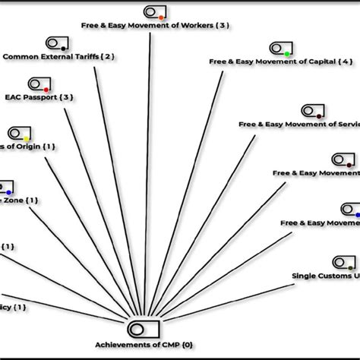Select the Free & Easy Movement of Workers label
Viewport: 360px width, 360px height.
coord(155,25)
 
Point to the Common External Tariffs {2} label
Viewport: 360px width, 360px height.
coord(59,56)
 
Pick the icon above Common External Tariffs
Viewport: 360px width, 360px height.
coord(58,43)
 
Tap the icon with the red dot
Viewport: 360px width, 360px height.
coord(39,84)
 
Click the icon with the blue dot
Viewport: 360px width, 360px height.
coord(6,186)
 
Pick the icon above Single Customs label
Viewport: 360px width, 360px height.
coord(343,262)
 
